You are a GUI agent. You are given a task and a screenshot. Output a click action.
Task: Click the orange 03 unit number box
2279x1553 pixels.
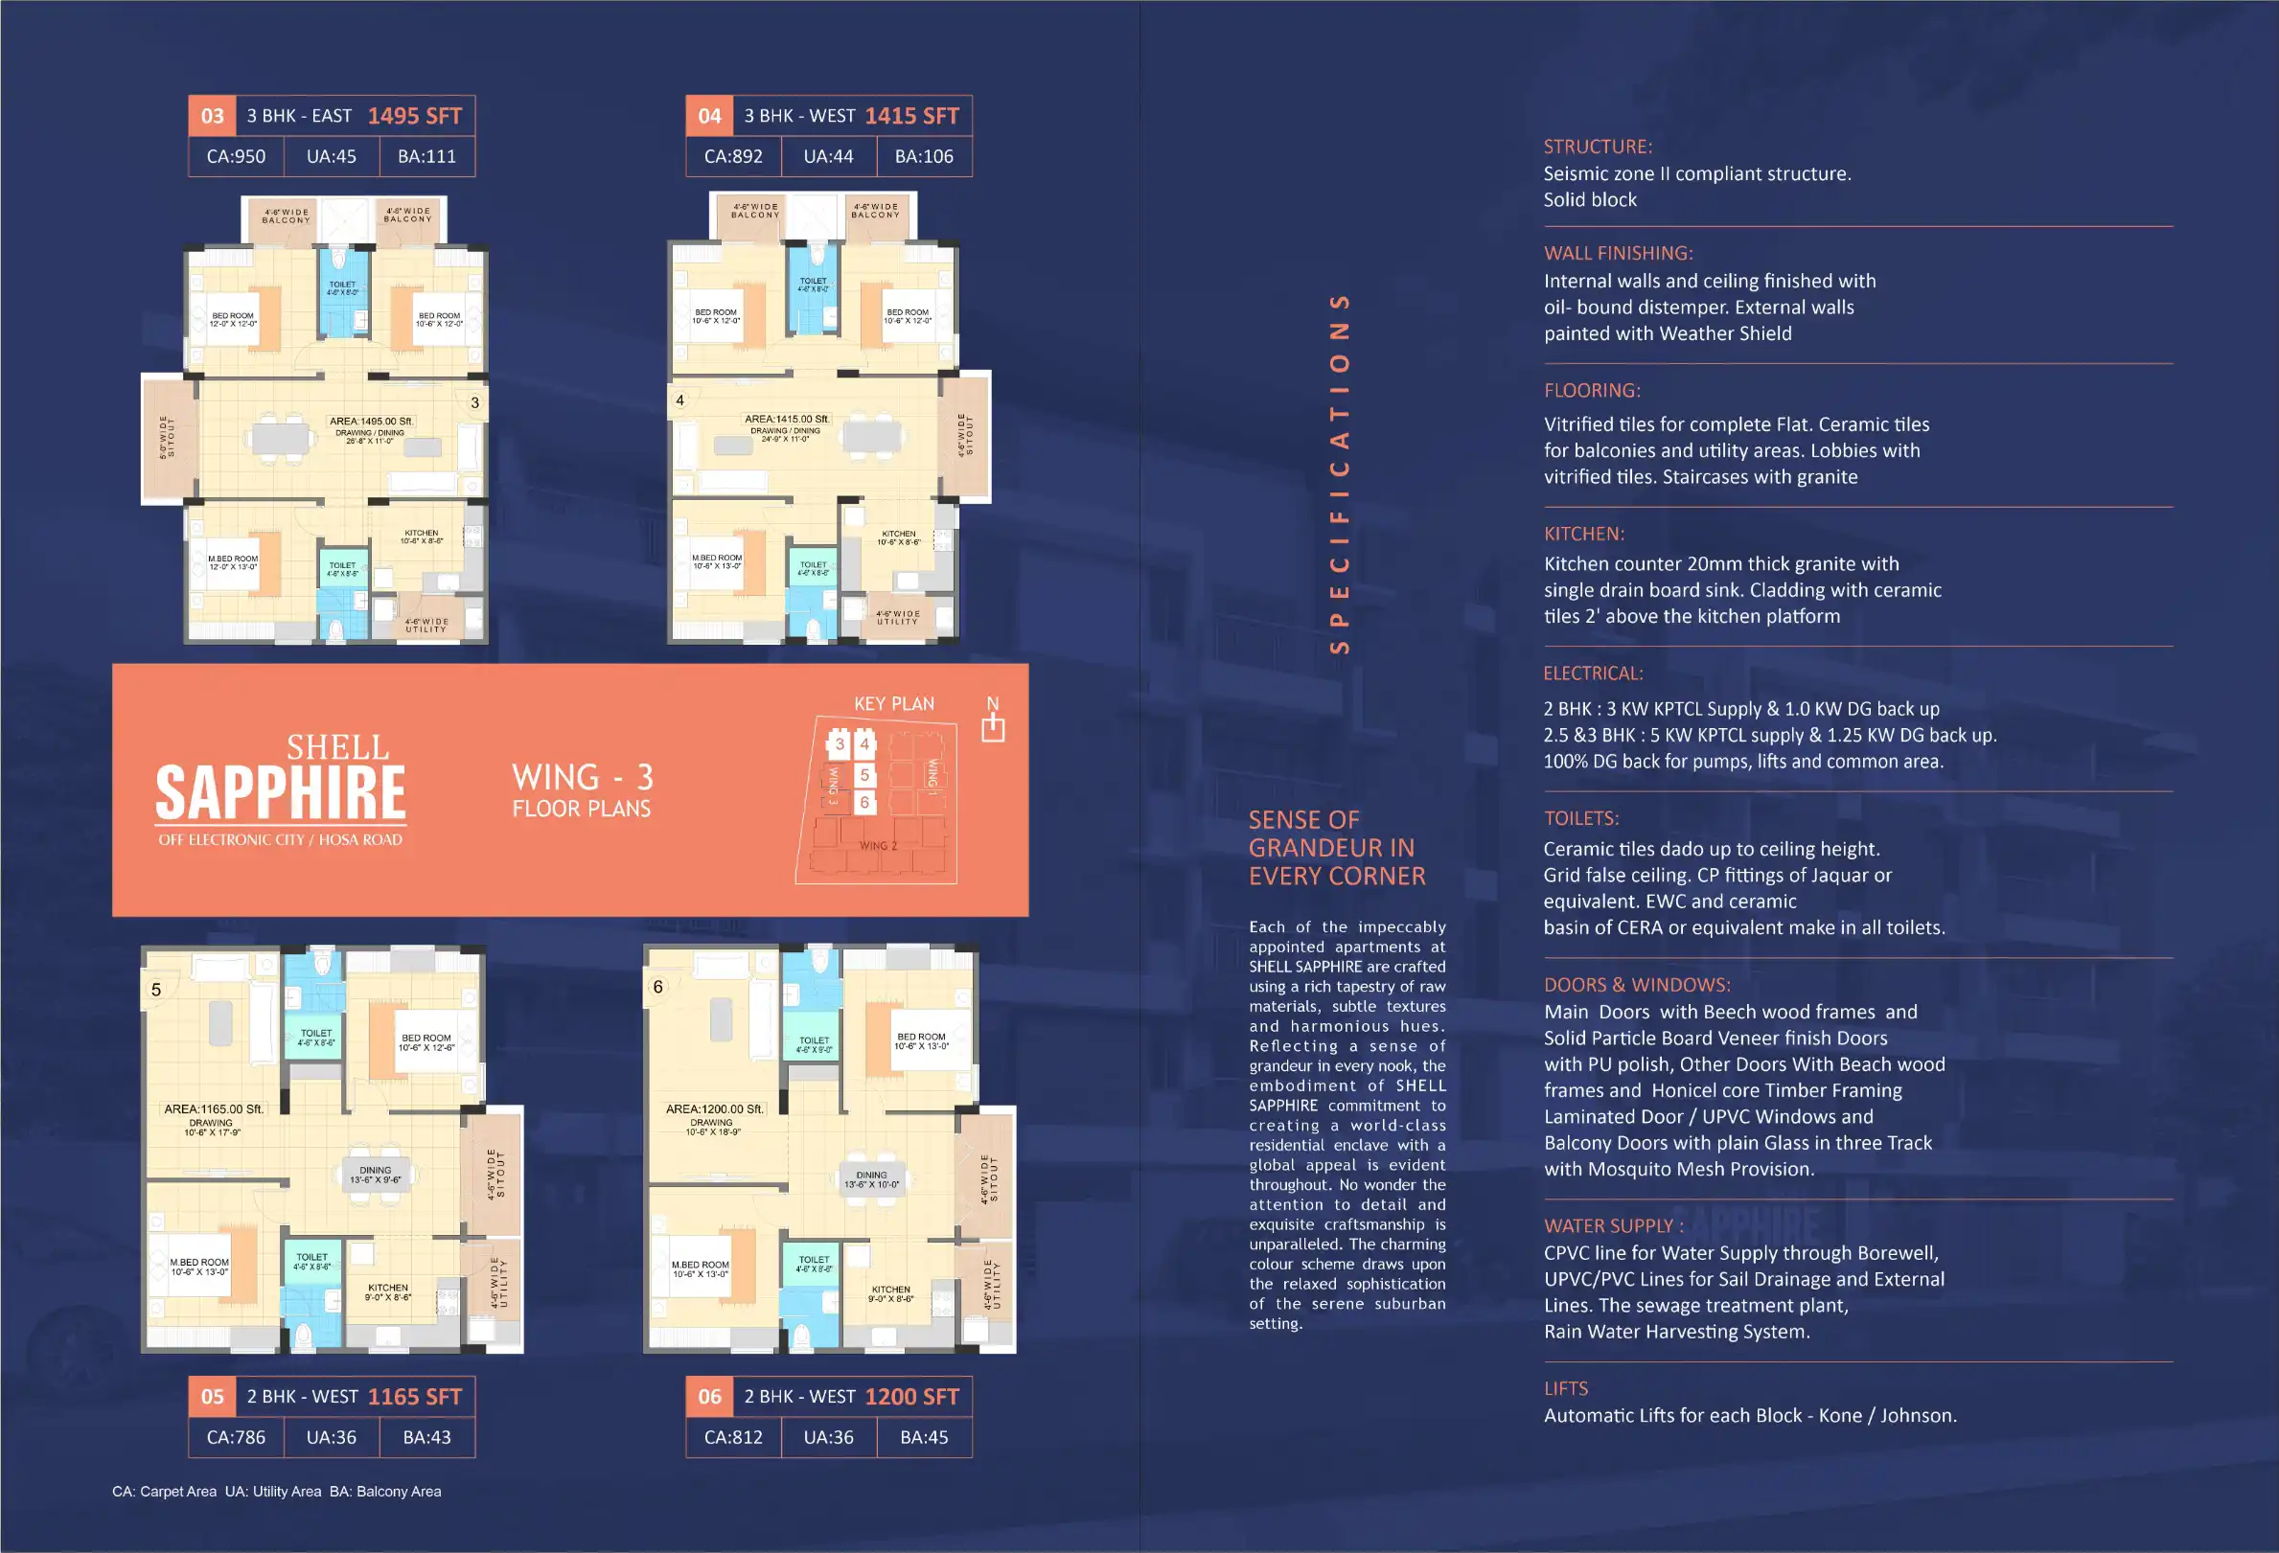pos(212,116)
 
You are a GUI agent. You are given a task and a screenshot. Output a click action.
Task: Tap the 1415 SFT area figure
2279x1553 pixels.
pos(911,116)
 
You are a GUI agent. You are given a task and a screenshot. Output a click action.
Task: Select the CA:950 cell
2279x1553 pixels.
pos(236,156)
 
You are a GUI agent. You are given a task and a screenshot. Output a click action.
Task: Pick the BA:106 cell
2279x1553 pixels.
pos(924,156)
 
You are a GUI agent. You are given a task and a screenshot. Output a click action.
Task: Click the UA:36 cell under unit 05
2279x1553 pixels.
pos(332,1437)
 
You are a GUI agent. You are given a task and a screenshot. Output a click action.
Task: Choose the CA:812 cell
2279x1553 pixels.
pos(732,1437)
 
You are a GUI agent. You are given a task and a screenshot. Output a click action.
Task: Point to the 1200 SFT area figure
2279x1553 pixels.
pos(911,1397)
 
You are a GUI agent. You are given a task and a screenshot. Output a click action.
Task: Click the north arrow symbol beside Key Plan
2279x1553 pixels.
pos(993,726)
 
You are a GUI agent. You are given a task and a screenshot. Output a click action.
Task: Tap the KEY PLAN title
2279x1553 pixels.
pos(893,704)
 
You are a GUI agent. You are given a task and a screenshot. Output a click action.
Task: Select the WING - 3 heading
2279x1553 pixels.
pos(583,778)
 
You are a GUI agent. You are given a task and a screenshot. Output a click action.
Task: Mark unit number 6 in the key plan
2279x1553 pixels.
pos(863,802)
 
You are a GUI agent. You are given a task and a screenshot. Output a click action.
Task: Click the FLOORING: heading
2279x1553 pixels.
pos(1592,390)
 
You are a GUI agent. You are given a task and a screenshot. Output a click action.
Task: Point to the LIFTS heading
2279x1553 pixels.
pos(1565,1388)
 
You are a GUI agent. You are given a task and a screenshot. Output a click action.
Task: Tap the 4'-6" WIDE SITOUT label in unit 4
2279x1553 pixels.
pos(965,434)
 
